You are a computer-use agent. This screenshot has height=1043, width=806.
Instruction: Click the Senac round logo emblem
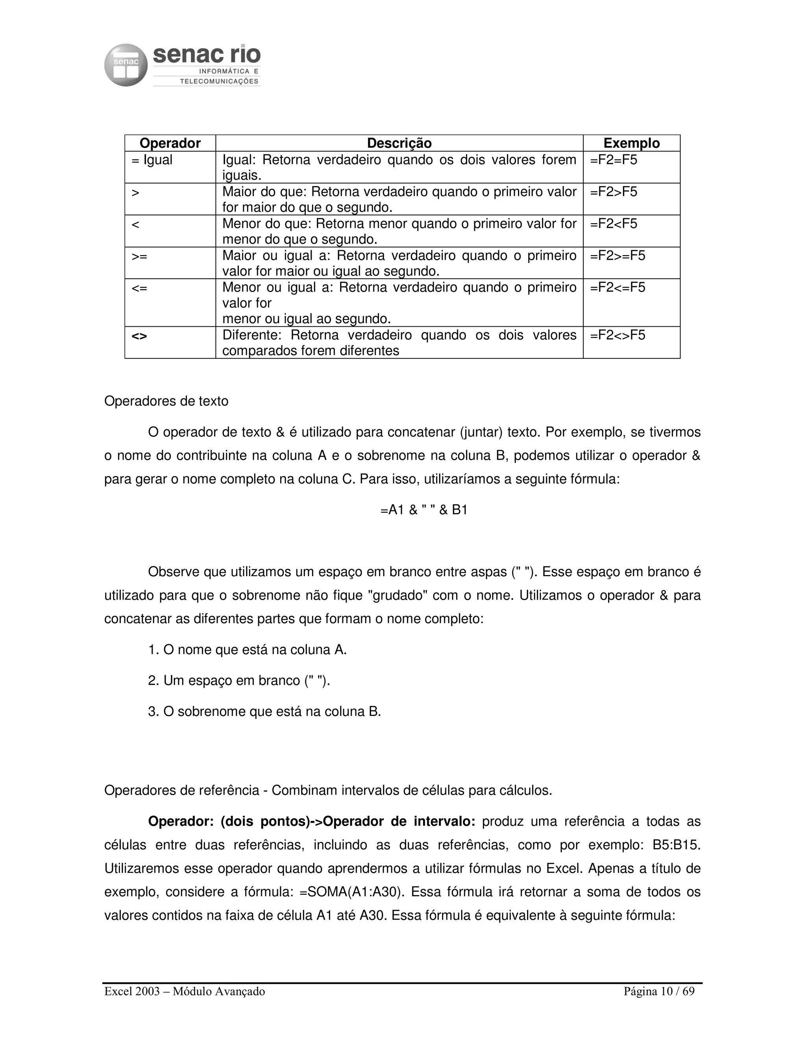[x=126, y=65]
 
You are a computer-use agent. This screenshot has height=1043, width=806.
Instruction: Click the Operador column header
[x=170, y=143]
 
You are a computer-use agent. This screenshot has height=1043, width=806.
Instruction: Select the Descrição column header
[x=399, y=143]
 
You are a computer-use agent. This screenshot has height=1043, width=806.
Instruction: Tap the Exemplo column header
[x=631, y=143]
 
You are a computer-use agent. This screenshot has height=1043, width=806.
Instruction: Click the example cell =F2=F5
[x=614, y=160]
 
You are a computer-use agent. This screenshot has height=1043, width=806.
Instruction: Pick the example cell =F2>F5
[x=614, y=192]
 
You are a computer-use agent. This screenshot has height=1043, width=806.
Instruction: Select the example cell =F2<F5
[x=614, y=224]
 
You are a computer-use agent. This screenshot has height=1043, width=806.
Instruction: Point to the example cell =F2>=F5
[x=617, y=256]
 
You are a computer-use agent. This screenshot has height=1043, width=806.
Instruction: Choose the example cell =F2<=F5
[x=617, y=287]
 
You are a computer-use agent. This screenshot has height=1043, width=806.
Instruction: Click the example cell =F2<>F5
[x=617, y=335]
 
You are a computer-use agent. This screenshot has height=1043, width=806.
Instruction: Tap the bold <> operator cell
[x=139, y=336]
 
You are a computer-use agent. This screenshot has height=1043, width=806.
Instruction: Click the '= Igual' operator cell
[x=152, y=160]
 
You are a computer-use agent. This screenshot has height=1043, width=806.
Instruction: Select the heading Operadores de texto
[x=166, y=401]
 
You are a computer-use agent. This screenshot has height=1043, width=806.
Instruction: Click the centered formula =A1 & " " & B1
[x=423, y=510]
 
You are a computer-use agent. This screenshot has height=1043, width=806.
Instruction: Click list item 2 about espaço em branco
[x=239, y=681]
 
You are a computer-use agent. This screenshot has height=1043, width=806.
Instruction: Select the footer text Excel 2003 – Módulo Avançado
[x=185, y=991]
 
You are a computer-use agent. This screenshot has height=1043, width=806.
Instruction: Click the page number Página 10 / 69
[x=659, y=991]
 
